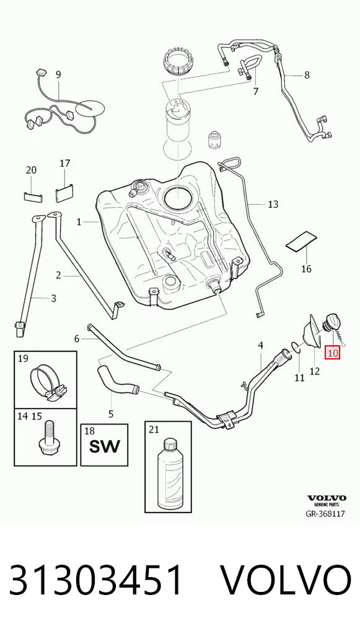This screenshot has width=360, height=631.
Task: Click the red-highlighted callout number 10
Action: click(333, 353)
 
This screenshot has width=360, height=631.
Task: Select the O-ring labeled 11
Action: click(296, 347)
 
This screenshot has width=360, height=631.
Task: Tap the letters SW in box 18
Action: click(104, 446)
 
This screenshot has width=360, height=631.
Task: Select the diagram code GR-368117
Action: click(325, 514)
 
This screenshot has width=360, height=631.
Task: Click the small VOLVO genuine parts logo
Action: click(326, 500)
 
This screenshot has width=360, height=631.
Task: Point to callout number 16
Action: click(306, 268)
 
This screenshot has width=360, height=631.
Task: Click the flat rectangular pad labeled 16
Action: click(301, 242)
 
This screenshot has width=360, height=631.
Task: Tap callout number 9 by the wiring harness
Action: click(58, 74)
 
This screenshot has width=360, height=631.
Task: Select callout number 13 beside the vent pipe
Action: click(273, 205)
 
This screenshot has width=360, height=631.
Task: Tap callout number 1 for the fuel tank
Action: click(79, 221)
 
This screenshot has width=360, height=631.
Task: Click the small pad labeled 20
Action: click(33, 196)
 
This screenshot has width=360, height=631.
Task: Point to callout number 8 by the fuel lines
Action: click(307, 75)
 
